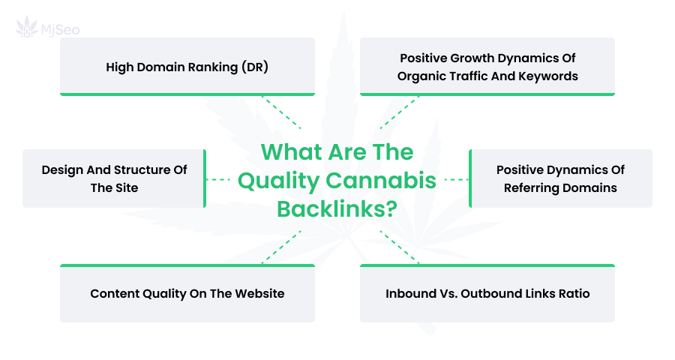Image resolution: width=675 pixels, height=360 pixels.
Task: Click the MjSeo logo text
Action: click(60, 30)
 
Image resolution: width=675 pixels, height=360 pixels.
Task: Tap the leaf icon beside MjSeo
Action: click(27, 27)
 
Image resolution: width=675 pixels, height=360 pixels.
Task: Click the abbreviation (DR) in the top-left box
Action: click(255, 67)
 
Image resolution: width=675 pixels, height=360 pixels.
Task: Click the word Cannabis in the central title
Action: click(381, 180)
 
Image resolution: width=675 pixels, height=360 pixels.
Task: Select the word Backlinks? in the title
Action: click(337, 208)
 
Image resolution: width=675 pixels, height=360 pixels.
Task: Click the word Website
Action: click(260, 294)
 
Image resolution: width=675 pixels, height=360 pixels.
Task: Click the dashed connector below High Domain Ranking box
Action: click(281, 112)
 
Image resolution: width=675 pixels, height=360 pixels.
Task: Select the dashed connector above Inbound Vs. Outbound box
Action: click(400, 247)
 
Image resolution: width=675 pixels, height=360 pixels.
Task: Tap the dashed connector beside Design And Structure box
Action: click(218, 179)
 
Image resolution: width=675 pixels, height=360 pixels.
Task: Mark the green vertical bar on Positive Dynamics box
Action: click(470, 178)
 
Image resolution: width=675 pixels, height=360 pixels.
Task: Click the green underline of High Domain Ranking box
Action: click(187, 94)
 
